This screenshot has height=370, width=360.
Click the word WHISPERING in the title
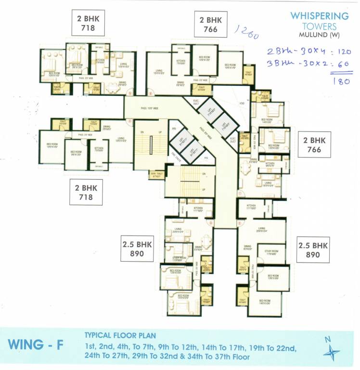pos(319,16)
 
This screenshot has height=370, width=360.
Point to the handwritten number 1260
pos(246,34)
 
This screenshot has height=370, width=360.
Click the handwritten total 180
pos(340,81)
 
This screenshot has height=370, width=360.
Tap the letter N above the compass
pos(328,339)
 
